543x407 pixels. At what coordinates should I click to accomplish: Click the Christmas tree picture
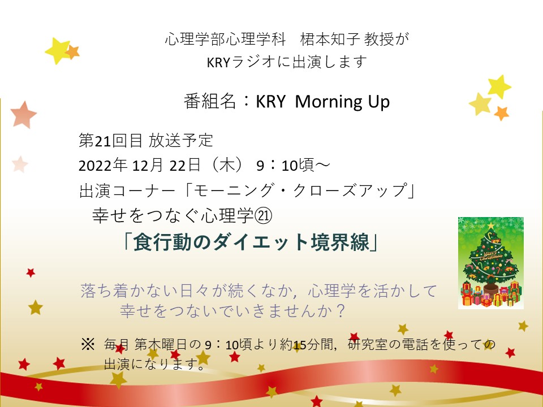491,263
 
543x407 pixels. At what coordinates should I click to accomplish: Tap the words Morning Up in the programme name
342,102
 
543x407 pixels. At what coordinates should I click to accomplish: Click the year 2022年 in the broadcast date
103,165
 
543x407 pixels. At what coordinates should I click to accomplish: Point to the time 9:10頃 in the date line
285,166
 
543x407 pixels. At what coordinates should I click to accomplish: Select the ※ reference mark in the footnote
88,344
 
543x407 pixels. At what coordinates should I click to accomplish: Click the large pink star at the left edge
23,114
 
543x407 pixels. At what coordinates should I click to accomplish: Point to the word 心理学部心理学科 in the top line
226,40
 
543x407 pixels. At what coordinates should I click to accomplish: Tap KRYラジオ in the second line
241,62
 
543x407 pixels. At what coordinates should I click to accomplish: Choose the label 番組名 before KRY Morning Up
210,102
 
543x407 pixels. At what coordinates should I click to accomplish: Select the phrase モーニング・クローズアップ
300,190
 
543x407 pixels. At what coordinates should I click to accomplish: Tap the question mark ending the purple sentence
341,310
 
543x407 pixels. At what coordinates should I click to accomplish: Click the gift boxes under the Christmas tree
491,295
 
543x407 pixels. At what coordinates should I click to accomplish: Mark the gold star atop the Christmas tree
491,226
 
